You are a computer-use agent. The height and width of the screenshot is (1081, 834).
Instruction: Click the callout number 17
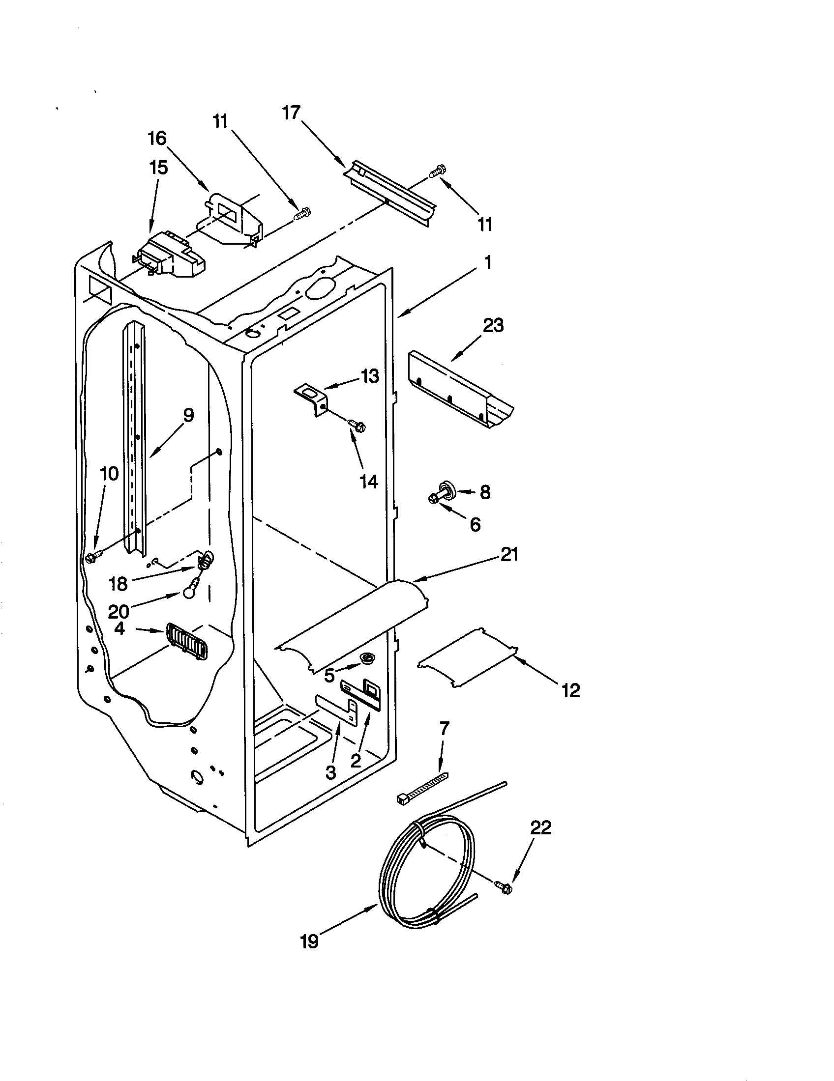pyautogui.click(x=292, y=113)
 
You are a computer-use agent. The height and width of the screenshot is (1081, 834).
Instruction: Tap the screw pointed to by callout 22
pyautogui.click(x=502, y=887)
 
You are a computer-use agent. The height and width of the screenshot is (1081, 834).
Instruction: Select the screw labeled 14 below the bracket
pyautogui.click(x=357, y=424)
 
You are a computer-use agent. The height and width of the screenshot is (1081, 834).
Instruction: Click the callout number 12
pyautogui.click(x=570, y=690)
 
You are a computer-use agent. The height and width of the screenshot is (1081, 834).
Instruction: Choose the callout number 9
pyautogui.click(x=188, y=415)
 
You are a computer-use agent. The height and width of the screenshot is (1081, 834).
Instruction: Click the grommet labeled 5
pyautogui.click(x=367, y=657)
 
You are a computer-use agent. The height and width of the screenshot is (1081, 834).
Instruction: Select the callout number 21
pyautogui.click(x=509, y=555)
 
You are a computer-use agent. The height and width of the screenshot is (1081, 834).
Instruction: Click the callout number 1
pyautogui.click(x=488, y=262)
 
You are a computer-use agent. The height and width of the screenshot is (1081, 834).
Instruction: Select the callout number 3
pyautogui.click(x=330, y=771)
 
